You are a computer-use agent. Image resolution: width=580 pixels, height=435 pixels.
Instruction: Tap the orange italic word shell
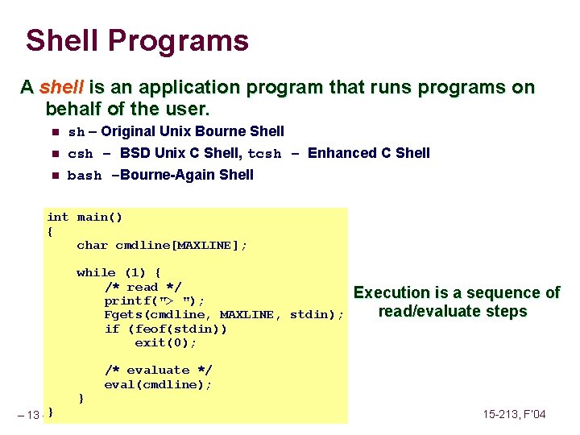coord(61,87)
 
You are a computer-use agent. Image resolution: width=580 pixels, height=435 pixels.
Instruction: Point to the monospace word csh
coord(80,154)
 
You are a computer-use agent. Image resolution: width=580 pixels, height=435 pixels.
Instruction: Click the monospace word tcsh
coord(264,154)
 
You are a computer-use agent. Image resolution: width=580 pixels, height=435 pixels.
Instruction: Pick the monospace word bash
coord(85,176)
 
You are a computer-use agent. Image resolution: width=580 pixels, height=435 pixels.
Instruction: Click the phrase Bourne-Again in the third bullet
coord(164,175)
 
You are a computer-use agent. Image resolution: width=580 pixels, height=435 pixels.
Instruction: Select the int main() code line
coord(85,217)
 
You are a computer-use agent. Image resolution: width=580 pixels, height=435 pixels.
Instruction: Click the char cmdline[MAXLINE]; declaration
coord(162,245)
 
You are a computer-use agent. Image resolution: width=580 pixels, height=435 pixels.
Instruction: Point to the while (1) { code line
coord(118,273)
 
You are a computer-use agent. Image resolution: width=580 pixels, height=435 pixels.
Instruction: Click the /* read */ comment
coord(143,287)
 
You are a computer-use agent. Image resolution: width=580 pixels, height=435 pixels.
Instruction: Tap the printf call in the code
coord(154,300)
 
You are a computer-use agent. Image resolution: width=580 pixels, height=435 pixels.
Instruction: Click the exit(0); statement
coord(165,342)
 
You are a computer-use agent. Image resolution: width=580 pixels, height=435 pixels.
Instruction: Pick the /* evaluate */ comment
coord(158,370)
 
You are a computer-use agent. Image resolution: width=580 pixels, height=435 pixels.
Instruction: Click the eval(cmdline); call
coord(158,384)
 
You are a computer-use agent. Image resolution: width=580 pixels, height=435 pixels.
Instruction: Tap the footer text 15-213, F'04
coord(514,414)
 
